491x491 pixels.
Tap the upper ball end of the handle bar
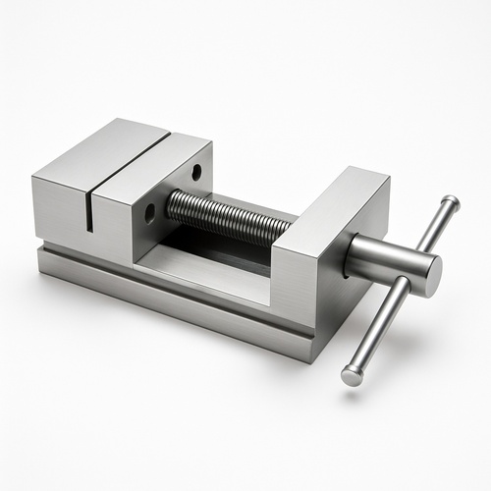pos(449,203)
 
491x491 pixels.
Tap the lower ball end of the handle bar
pos(352,374)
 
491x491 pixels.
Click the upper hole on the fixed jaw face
pos(196,171)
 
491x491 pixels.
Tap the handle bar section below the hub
pos(379,325)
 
